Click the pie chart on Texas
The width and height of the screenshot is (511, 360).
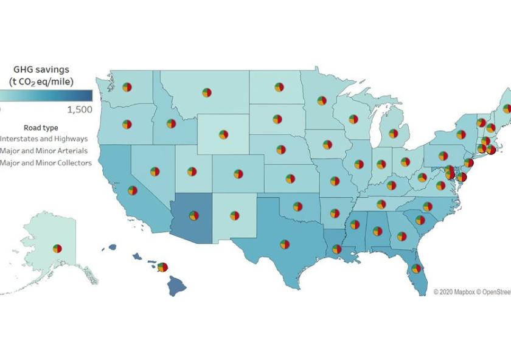point(284,244)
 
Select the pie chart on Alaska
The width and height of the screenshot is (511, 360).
point(57,248)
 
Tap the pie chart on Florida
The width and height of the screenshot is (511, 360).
point(416,268)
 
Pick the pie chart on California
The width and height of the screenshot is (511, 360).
point(133,190)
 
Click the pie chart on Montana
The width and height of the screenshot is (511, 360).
point(206,92)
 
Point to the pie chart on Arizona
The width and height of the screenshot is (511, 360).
point(193,215)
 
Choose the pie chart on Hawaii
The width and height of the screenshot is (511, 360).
point(162,267)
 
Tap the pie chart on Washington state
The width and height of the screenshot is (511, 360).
point(127,87)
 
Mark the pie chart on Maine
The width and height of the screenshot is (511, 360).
point(507,108)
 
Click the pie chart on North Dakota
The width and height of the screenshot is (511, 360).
point(279,88)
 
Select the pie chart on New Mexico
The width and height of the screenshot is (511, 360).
point(234,215)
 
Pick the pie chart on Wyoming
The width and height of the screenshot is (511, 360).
point(223,134)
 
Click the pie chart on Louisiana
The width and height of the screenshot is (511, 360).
point(336,249)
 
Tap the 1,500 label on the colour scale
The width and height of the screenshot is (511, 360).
point(80,109)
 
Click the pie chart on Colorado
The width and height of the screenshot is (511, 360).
point(237,173)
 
